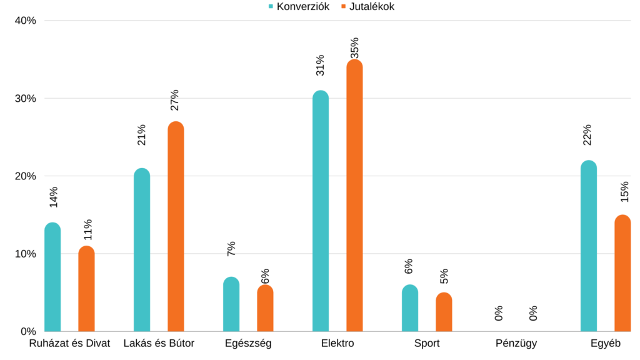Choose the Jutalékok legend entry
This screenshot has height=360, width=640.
[367, 7]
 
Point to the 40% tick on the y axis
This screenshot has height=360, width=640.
[26, 21]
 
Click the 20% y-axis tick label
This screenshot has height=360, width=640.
[26, 176]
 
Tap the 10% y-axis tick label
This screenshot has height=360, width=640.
[26, 254]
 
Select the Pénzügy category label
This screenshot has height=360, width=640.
[516, 344]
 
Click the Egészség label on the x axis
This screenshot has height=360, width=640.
[248, 344]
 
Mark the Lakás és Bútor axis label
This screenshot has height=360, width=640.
[159, 344]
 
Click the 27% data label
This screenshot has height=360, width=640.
[175, 100]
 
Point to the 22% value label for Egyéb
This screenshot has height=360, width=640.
[587, 135]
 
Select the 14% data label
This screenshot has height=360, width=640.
[54, 197]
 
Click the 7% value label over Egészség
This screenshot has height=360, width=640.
[231, 248]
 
